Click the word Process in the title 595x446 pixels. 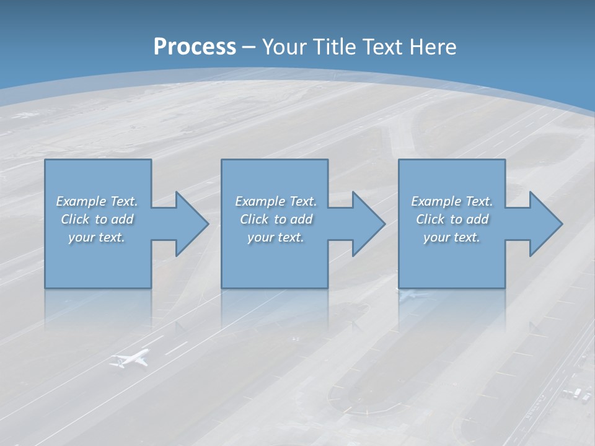coord(195,47)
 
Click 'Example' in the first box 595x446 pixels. coord(81,201)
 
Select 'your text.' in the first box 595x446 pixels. coord(97,237)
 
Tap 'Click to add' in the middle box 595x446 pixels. coord(276,219)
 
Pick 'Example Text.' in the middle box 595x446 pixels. coord(276,201)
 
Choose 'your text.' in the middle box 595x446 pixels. coord(276,237)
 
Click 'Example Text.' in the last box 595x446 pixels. coord(452,201)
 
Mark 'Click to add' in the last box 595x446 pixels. coord(452,219)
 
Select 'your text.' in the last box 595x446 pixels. coord(452,237)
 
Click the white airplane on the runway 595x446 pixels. coord(130,359)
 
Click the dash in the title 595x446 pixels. coord(249,47)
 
